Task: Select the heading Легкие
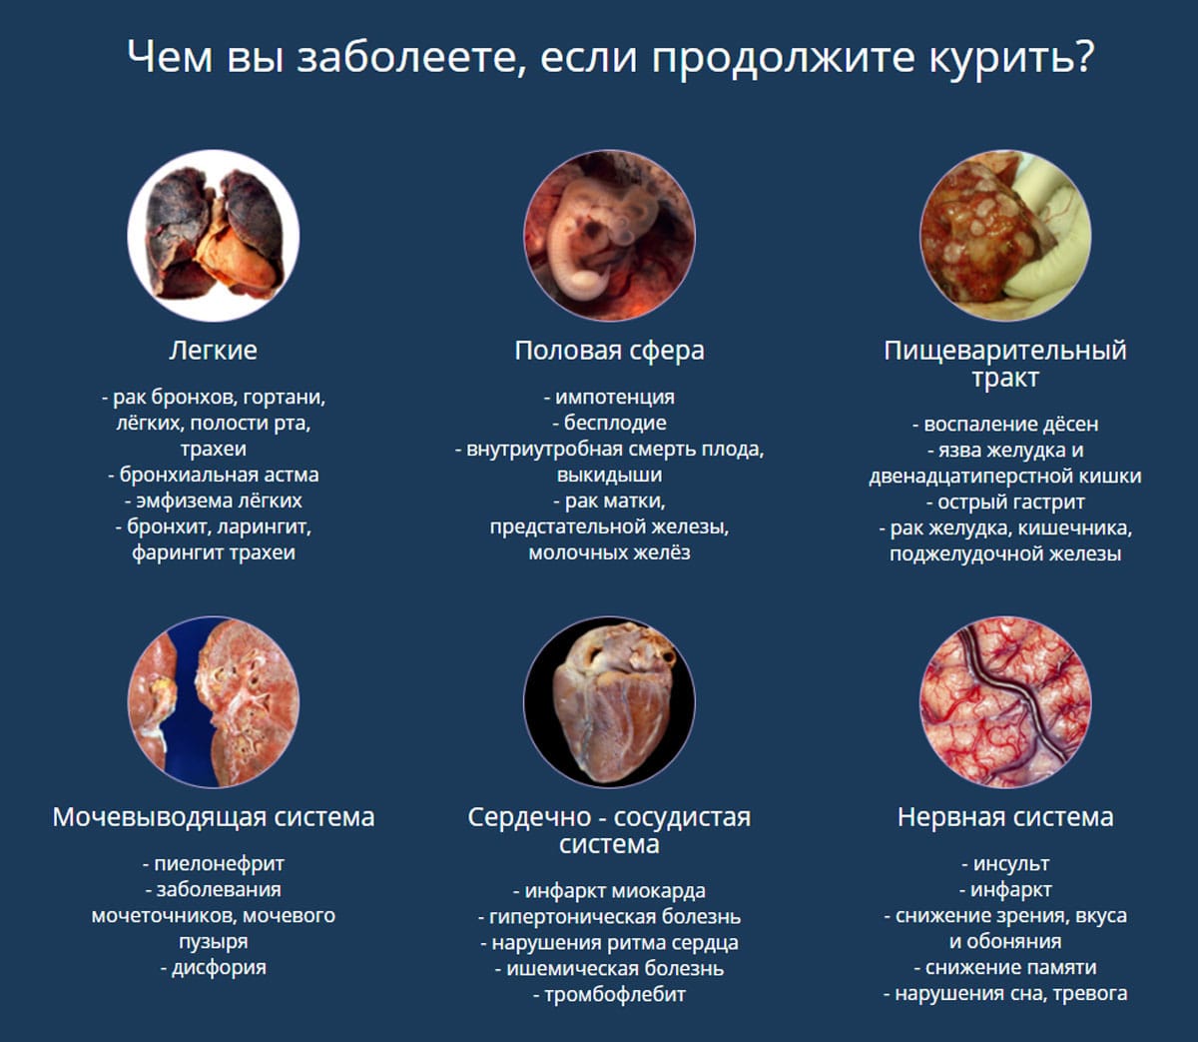click(x=213, y=351)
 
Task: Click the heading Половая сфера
click(x=609, y=351)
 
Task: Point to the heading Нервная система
click(x=1005, y=816)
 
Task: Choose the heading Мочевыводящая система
click(x=213, y=817)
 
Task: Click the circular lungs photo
click(x=213, y=235)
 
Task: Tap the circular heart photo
click(x=609, y=701)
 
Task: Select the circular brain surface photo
click(x=1005, y=701)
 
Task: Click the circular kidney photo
click(x=213, y=701)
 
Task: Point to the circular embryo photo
click(x=609, y=235)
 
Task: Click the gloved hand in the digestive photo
click(x=1048, y=235)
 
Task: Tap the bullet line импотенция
click(x=609, y=398)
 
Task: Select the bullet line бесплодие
click(x=609, y=423)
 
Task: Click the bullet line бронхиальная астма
click(x=213, y=475)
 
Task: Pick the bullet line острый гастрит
click(x=1005, y=503)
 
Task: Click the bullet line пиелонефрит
click(x=213, y=864)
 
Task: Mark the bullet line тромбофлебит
click(x=609, y=995)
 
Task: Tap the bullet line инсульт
click(x=1005, y=864)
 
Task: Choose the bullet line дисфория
click(x=213, y=968)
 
